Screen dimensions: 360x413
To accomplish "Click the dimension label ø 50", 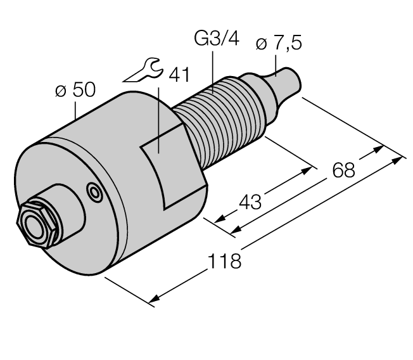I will coord(75,90).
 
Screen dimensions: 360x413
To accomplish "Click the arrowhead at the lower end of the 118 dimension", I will coord(155,298).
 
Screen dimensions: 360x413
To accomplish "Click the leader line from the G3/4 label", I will coord(212,70).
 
